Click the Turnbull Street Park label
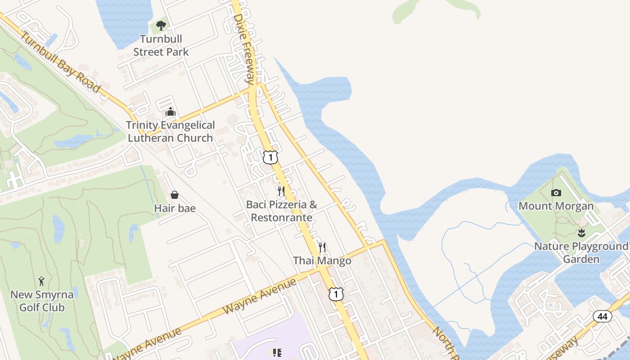161,45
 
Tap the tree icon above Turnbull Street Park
161,26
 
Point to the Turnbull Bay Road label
60,63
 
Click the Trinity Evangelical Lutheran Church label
170,131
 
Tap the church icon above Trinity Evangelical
171,112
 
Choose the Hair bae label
175,208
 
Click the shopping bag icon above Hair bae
175,194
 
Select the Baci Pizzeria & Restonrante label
281,211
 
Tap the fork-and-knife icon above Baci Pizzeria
281,191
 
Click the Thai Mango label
322,261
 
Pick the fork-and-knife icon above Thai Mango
322,247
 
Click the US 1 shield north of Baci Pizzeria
270,157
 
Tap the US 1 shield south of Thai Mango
336,294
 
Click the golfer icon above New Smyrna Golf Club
41,281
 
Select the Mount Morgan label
556,206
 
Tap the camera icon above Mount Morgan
556,193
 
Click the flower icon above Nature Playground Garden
581,233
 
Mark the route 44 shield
603,316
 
